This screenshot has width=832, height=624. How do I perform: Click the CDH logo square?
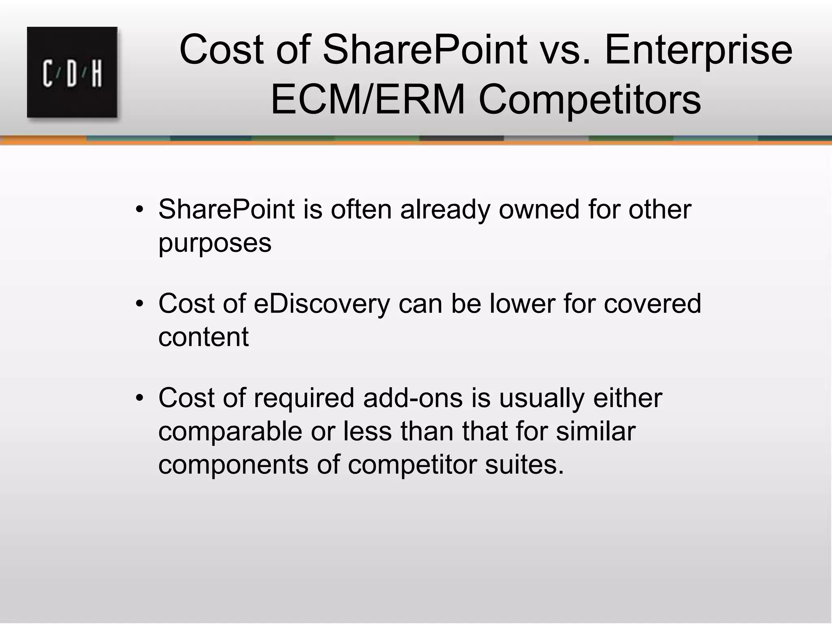click(72, 72)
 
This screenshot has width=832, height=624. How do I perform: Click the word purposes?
click(215, 243)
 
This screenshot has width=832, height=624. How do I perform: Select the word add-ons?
click(413, 398)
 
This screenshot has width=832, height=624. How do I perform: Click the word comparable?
click(230, 431)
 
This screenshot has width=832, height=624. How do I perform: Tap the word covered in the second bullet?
click(652, 303)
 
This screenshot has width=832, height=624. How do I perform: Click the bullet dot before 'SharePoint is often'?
click(140, 210)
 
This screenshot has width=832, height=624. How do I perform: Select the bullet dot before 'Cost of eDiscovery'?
click(140, 304)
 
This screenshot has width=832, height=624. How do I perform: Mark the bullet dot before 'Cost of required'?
click(140, 399)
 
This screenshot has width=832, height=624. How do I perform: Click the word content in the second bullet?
click(203, 337)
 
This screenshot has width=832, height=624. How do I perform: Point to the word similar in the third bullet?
click(596, 431)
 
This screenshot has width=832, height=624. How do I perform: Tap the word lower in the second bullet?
click(522, 303)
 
